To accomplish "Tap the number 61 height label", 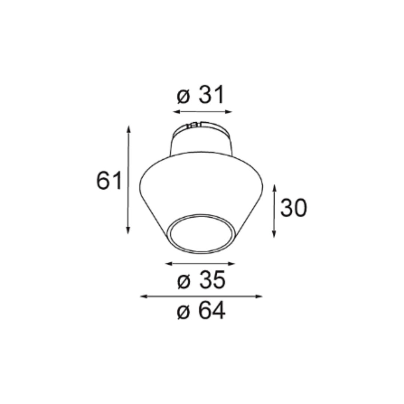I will pos(109,181).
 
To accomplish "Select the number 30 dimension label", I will pos(293,208).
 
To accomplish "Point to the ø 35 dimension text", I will pos(201,281).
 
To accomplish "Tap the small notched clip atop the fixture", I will pos(193,125).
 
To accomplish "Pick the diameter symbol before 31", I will pos(183,97).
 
